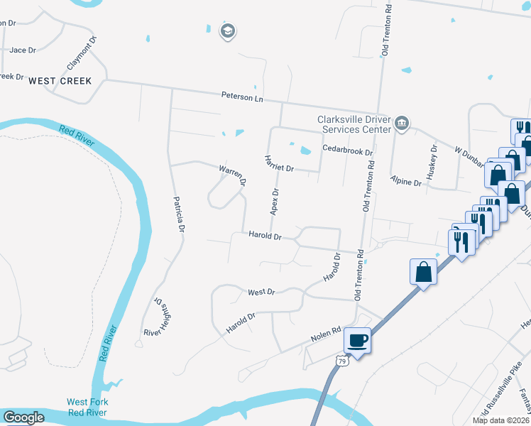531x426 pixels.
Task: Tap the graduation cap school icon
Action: pyautogui.click(x=228, y=31)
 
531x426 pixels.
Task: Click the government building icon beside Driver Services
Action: pyautogui.click(x=402, y=124)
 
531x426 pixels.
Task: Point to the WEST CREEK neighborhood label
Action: pyautogui.click(x=60, y=81)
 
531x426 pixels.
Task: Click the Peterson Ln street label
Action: pyautogui.click(x=242, y=96)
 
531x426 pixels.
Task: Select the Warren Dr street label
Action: pyautogui.click(x=232, y=175)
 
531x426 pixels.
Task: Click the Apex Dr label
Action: pyautogui.click(x=274, y=202)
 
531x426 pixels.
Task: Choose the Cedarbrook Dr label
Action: pyautogui.click(x=347, y=151)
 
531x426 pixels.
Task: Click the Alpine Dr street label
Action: pyautogui.click(x=407, y=182)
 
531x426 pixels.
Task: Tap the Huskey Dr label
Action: pyautogui.click(x=433, y=160)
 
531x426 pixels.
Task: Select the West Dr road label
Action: pyautogui.click(x=261, y=292)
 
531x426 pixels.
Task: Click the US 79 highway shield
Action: pyautogui.click(x=342, y=361)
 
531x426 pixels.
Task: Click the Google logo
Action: pyautogui.click(x=23, y=417)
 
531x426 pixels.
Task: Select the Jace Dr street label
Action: pyautogui.click(x=23, y=50)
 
